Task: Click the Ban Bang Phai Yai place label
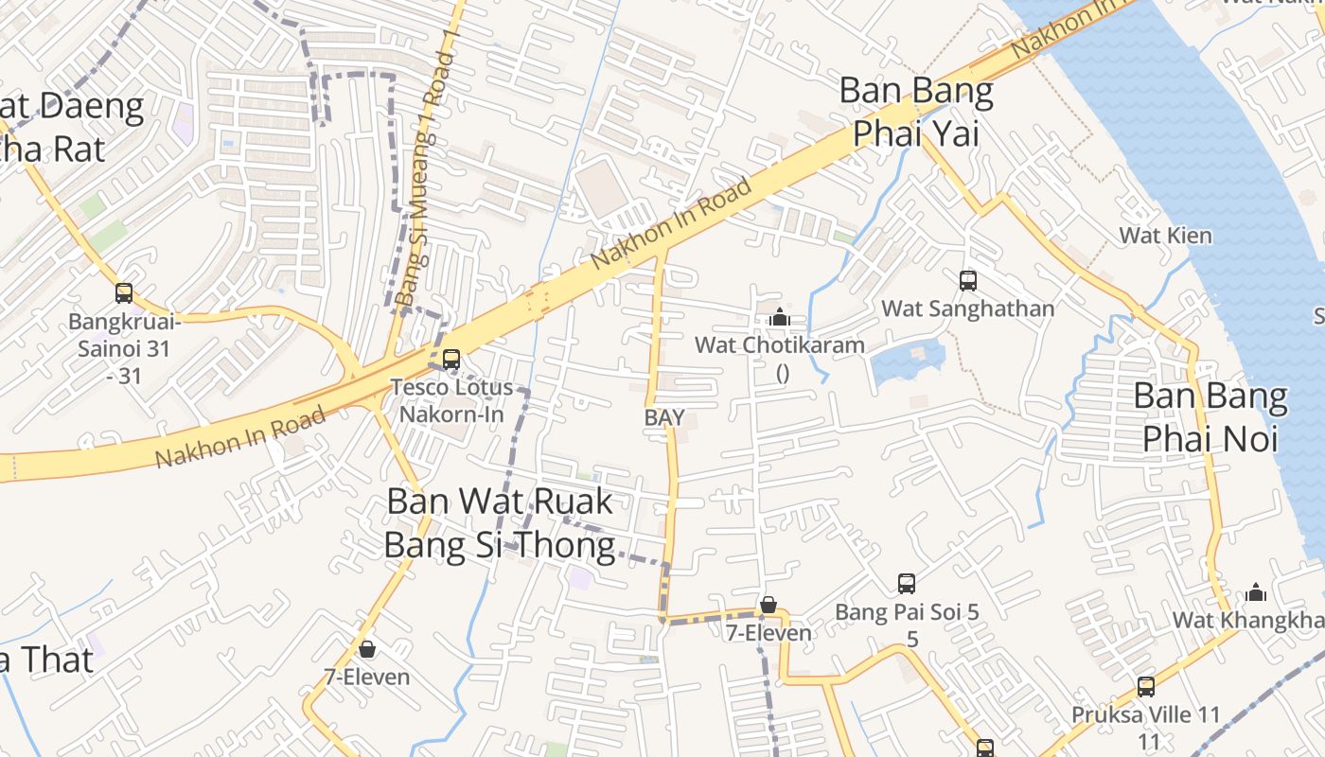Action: click(916, 112)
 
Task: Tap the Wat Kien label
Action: click(1165, 235)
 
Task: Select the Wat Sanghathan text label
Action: click(967, 308)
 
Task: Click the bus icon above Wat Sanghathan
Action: click(967, 280)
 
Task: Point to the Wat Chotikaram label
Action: click(780, 344)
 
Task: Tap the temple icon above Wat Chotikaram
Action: click(780, 317)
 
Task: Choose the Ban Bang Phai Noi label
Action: click(1210, 417)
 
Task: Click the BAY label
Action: click(664, 417)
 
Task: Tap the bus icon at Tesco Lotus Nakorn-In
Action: click(451, 360)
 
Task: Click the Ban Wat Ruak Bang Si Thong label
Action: click(500, 523)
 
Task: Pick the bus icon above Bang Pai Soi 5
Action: click(907, 583)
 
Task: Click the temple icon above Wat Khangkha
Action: click(1256, 592)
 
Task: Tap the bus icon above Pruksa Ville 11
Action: click(1146, 687)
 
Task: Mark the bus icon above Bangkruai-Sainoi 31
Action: click(124, 292)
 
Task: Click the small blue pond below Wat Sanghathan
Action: click(906, 361)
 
